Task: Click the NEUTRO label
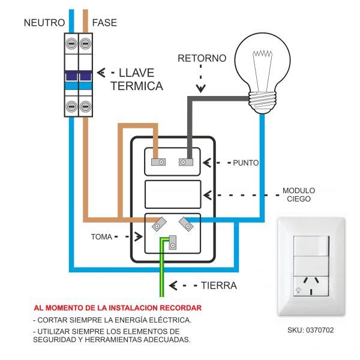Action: pyautogui.click(x=44, y=23)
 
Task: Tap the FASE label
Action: pyautogui.click(x=104, y=23)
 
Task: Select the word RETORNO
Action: pyautogui.click(x=202, y=59)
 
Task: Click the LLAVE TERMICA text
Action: pyautogui.click(x=137, y=79)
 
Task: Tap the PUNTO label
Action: pyautogui.click(x=245, y=163)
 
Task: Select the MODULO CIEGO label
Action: pyautogui.click(x=298, y=195)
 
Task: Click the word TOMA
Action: pyautogui.click(x=101, y=236)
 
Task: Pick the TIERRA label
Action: pyautogui.click(x=218, y=286)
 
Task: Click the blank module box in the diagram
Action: pyautogui.click(x=173, y=194)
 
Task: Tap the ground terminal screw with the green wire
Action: pyautogui.click(x=173, y=242)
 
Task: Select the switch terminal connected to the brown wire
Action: pyautogui.click(x=158, y=162)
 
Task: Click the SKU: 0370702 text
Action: pyautogui.click(x=311, y=329)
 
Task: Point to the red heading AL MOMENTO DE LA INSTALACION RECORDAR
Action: pyautogui.click(x=117, y=307)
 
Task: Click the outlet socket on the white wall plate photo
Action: pyautogui.click(x=311, y=282)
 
